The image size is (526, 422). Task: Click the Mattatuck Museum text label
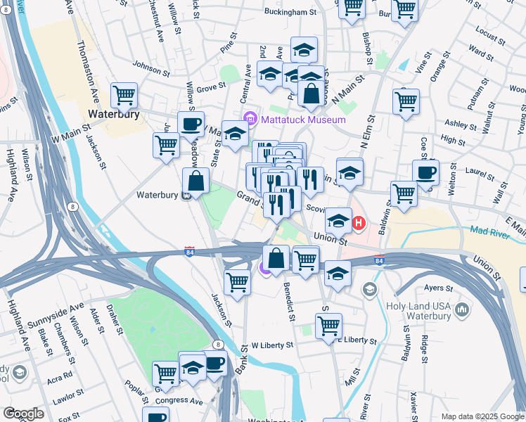coord(303,120)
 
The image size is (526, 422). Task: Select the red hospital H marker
coord(359,224)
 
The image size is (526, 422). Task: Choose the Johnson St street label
coord(151,69)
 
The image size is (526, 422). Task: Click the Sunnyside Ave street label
coord(56,316)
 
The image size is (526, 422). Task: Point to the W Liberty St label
coord(272,345)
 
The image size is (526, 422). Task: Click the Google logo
coord(23,414)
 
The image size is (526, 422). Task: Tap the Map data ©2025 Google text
coord(482,416)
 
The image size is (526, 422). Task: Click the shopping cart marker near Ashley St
coord(406,101)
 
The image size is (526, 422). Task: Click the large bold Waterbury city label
coord(114,114)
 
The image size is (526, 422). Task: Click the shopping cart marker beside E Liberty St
coord(328,326)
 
